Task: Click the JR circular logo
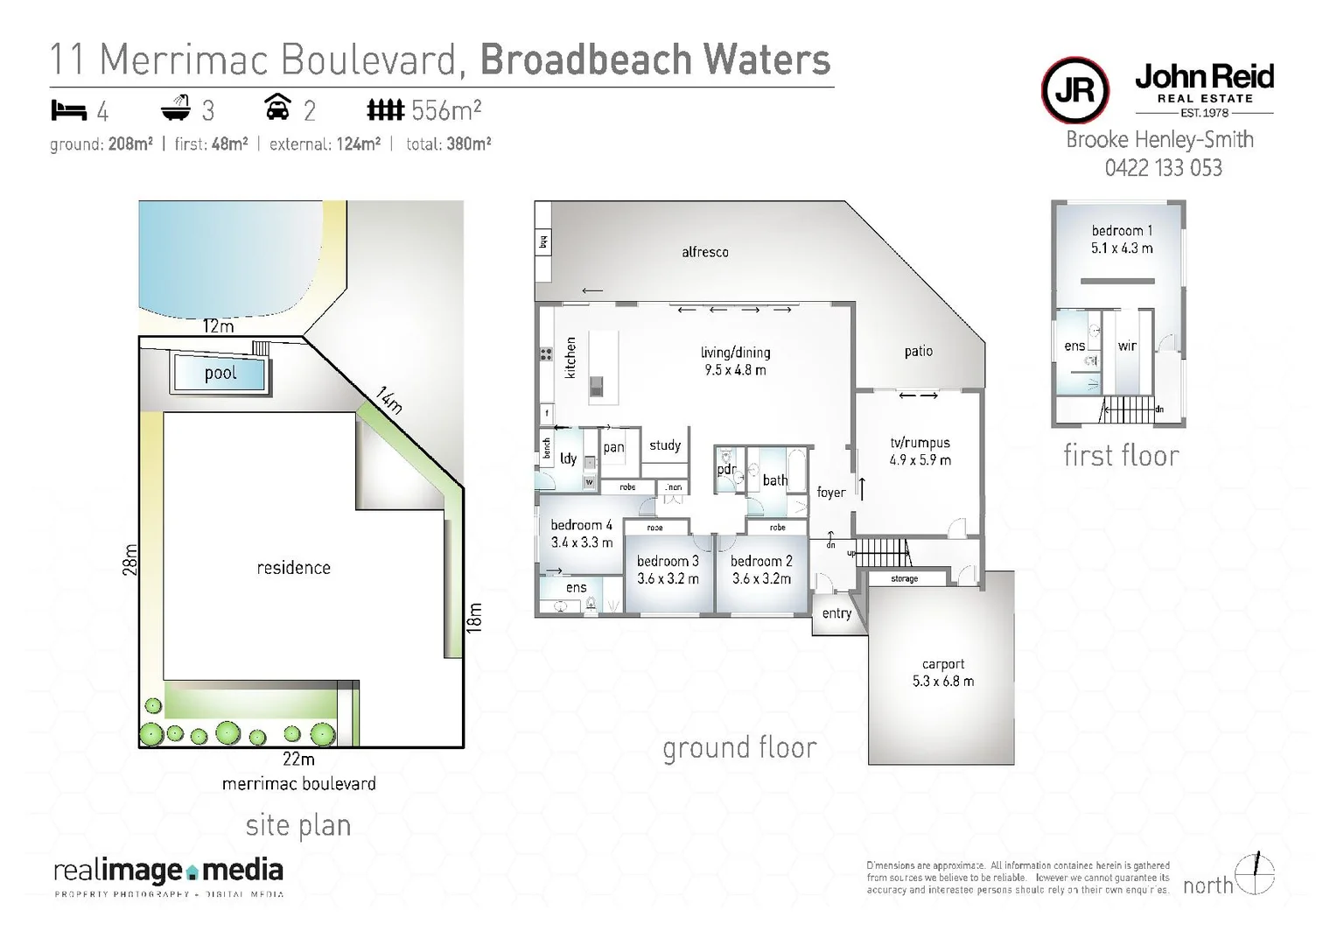click(x=1074, y=90)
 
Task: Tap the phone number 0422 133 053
click(x=1163, y=168)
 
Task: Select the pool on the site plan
click(x=220, y=374)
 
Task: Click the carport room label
click(x=942, y=664)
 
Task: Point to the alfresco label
click(x=704, y=252)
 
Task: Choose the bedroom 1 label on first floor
click(x=1122, y=231)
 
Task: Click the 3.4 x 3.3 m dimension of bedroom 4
click(x=582, y=542)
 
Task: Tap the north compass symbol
click(x=1256, y=874)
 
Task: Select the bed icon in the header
click(x=69, y=110)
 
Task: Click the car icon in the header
click(x=277, y=108)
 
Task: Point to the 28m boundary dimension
click(x=129, y=559)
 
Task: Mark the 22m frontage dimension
click(x=298, y=759)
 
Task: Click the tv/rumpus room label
click(x=920, y=443)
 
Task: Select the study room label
click(x=665, y=445)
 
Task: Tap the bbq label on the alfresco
click(x=542, y=241)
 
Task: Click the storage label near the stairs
click(x=904, y=579)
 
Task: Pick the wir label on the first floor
click(x=1127, y=346)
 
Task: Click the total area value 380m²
click(x=468, y=144)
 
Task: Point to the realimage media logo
click(x=168, y=872)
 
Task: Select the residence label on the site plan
click(x=293, y=568)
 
